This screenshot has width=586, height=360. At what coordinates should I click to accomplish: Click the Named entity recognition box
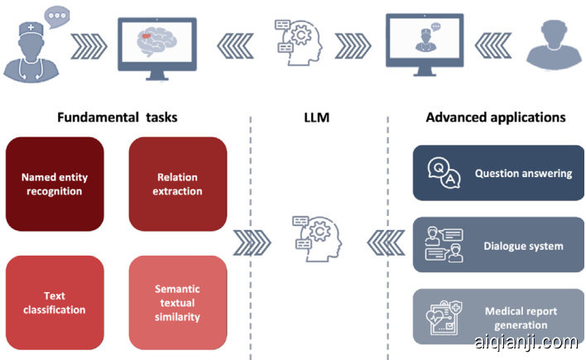click(55, 184)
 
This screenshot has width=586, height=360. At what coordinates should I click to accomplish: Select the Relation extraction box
click(178, 184)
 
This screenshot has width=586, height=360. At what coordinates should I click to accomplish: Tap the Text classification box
click(55, 303)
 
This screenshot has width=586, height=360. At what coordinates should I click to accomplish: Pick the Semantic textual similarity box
click(178, 303)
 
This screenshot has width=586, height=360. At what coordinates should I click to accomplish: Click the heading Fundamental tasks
click(117, 117)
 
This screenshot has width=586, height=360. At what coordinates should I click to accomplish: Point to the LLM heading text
click(317, 117)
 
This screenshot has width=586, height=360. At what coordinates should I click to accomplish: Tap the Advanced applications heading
click(496, 117)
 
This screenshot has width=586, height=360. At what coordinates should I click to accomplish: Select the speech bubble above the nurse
click(57, 15)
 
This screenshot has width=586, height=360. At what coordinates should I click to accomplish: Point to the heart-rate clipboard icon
click(440, 317)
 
